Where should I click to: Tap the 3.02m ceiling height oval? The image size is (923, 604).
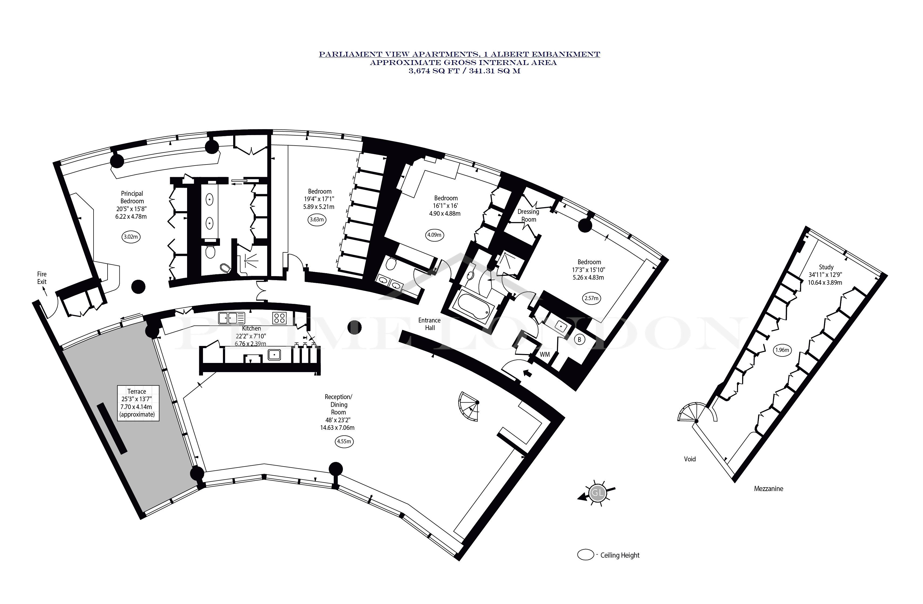pyautogui.click(x=131, y=237)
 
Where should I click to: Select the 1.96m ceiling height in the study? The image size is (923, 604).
pyautogui.click(x=781, y=350)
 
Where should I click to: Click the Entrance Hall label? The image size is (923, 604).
pyautogui.click(x=429, y=324)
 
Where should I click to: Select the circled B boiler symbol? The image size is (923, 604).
pyautogui.click(x=579, y=340)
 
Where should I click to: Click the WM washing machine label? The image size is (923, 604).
pyautogui.click(x=545, y=355)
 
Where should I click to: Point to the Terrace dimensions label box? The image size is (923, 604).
pyautogui.click(x=138, y=403)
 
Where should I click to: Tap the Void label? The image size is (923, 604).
pyautogui.click(x=690, y=459)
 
